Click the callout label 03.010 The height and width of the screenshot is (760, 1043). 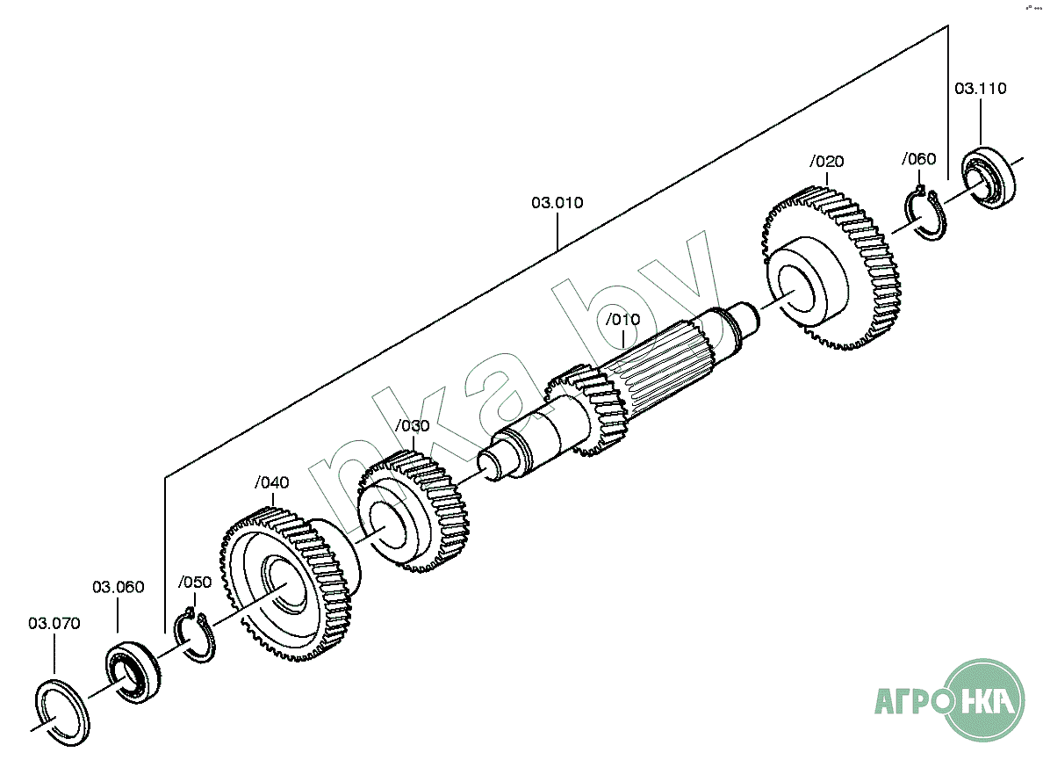pos(557,203)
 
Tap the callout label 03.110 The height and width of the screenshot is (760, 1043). pos(980,89)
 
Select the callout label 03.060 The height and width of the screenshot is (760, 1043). pos(119,587)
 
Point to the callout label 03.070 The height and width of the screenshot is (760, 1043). pos(54,624)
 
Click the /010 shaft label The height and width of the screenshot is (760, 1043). pos(622,319)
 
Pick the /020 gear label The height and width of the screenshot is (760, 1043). pos(826,162)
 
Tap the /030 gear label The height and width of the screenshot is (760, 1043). pos(412,426)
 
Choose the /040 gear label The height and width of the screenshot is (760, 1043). pos(271,482)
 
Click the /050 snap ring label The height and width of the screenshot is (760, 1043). pos(194,582)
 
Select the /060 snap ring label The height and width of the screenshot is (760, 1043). pos(918,159)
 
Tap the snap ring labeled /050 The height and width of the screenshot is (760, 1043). pos(196,637)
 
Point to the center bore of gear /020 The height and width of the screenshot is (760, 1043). pos(798,286)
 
